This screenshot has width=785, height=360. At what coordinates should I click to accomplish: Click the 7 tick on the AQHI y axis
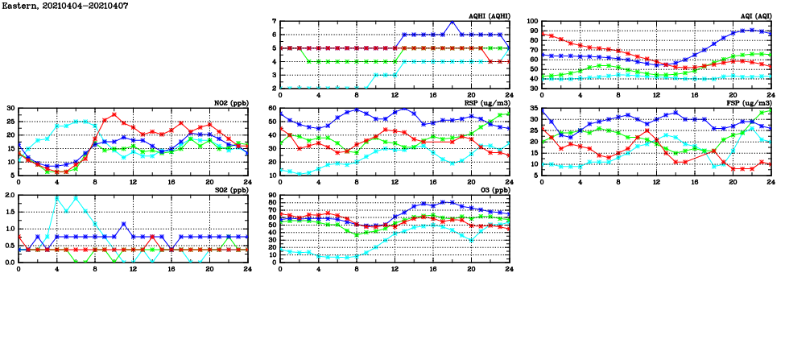(274, 21)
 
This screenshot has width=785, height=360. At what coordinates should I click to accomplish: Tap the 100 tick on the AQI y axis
(533, 21)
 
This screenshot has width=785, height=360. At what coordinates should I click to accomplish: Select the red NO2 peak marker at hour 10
(114, 114)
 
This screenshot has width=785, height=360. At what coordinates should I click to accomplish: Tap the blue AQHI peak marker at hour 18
(452, 22)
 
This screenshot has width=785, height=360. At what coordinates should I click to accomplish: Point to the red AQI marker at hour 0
(543, 34)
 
